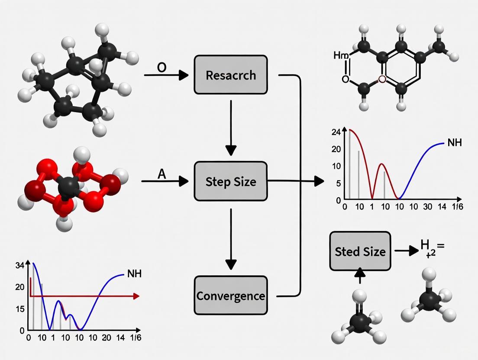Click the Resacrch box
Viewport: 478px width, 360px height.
click(231, 75)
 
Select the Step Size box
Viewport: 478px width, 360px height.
click(231, 181)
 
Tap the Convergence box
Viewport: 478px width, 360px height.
click(231, 296)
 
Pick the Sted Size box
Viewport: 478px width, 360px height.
click(360, 251)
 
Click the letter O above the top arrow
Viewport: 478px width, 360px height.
click(161, 68)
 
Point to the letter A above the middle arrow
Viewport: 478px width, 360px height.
click(161, 174)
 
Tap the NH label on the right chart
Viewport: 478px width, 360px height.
click(455, 142)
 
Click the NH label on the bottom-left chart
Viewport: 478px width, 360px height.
click(134, 274)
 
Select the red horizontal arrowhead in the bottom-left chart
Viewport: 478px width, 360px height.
click(136, 296)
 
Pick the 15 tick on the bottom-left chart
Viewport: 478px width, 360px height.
click(20, 309)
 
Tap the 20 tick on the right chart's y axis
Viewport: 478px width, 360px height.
click(336, 149)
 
